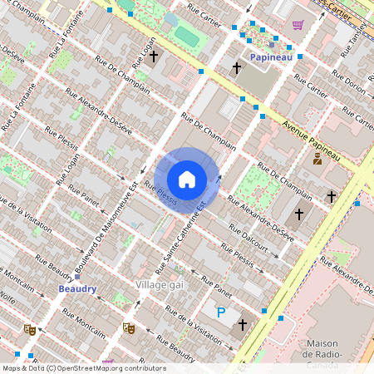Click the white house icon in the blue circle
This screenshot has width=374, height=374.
click(187, 179)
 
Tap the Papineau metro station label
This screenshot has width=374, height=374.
click(271, 57)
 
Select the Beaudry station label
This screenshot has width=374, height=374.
click(78, 288)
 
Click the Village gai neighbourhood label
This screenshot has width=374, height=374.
click(159, 284)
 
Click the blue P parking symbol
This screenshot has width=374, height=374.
click(220, 313)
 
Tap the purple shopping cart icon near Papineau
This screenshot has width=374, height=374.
click(297, 25)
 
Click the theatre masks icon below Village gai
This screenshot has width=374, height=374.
click(128, 328)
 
